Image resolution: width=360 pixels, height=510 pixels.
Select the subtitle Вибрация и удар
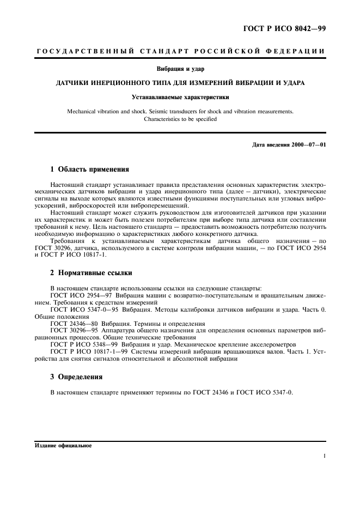click(180, 69)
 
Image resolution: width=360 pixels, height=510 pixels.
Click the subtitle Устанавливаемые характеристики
click(180, 98)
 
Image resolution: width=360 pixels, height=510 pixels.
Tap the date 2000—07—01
click(307, 144)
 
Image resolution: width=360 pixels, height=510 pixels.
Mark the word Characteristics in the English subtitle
click(163, 119)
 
